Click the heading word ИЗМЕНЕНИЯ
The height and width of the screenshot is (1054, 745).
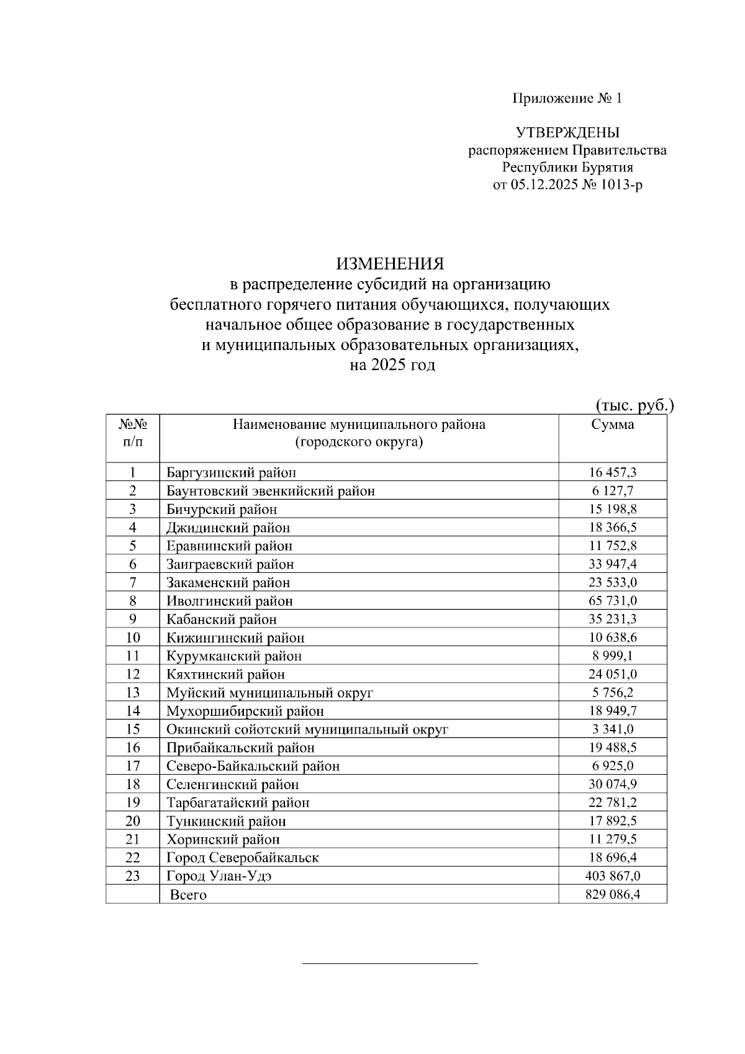coord(390,264)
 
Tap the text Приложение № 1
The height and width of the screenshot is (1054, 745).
coord(566,98)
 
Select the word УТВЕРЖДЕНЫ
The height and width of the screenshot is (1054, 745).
coord(567,132)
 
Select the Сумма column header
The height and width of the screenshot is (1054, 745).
coord(612,425)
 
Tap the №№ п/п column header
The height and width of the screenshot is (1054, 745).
coord(132,433)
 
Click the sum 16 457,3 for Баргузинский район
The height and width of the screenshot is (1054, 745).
coord(612,472)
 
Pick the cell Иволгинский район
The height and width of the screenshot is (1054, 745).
coord(229,601)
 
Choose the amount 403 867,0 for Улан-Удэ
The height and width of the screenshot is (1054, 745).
coord(612,876)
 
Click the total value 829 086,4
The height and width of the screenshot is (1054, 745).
coord(612,894)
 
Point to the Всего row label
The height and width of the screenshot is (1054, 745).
coord(188,895)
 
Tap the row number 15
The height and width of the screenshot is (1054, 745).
coord(132,729)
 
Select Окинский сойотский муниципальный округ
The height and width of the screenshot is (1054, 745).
coord(307,729)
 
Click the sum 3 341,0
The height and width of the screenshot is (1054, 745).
coord(612,729)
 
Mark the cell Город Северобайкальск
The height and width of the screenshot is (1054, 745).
coord(242,858)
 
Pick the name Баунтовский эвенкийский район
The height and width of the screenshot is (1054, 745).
coord(270,491)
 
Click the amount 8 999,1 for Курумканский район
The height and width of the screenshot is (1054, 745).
coord(612,656)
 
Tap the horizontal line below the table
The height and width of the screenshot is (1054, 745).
coord(390,963)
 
